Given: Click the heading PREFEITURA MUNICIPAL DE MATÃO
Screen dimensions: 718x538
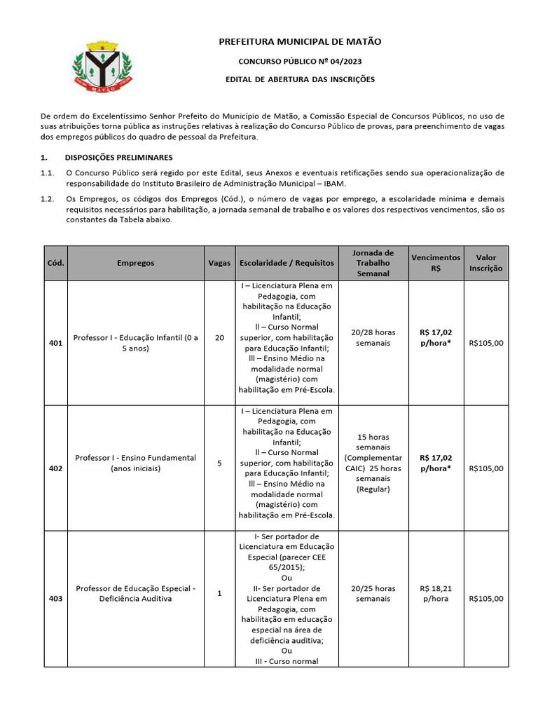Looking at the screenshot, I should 300,43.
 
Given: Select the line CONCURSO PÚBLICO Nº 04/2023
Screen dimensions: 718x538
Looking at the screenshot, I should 300,62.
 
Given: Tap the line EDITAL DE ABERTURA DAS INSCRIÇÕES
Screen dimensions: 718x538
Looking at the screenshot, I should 300,79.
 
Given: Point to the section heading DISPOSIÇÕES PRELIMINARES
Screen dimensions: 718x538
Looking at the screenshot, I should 118,157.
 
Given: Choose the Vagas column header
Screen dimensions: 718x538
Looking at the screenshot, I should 219,263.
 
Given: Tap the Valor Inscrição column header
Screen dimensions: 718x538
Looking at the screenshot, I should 485,263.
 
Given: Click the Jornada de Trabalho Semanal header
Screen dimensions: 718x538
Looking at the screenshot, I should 373,263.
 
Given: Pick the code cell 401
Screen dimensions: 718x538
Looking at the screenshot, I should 55,343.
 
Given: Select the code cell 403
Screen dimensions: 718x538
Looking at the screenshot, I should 55,599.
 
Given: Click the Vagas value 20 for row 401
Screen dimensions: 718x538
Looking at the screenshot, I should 219,338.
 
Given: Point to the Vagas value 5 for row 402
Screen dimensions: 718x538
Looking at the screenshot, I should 219,463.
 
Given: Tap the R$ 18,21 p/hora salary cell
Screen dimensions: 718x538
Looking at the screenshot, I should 436,594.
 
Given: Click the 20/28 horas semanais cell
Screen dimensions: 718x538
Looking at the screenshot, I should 373,338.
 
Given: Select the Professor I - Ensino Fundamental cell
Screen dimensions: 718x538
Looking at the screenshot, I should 135,463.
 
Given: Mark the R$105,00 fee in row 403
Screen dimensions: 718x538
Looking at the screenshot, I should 485,599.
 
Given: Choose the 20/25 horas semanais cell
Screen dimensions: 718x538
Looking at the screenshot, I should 373,594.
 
